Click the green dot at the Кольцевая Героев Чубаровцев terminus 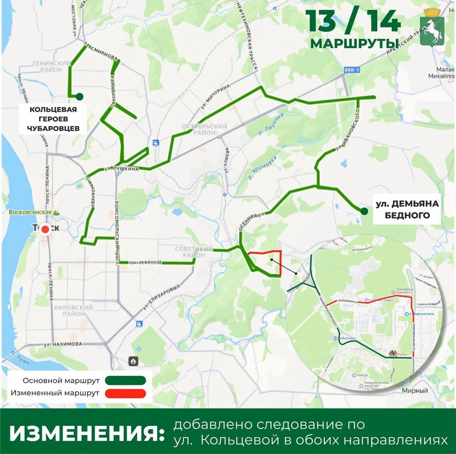80,96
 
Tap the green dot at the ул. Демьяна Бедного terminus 365,211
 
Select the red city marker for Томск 45,229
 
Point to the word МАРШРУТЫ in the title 355,43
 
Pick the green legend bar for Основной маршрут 125,380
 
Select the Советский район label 193,252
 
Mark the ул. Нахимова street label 63,344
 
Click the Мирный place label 415,391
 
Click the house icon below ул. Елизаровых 133,361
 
